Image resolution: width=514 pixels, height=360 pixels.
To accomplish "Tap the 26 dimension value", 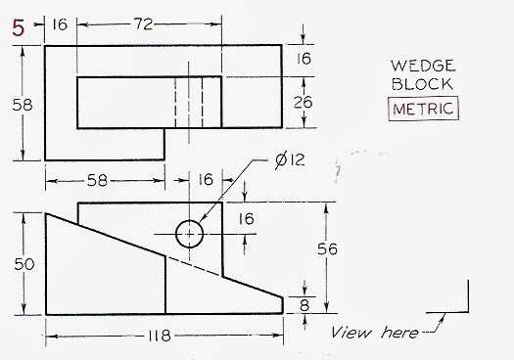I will pyautogui.click(x=304, y=101).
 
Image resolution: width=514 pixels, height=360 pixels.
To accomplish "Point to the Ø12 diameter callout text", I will pyautogui.click(x=290, y=158).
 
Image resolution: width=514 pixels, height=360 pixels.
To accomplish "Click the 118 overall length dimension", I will pyautogui.click(x=157, y=337).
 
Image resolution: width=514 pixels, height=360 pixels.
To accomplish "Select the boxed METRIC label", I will pyautogui.click(x=423, y=109).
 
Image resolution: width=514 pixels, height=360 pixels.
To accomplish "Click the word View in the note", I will pyautogui.click(x=350, y=330).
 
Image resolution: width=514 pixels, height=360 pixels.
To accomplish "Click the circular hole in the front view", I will pyautogui.click(x=189, y=234).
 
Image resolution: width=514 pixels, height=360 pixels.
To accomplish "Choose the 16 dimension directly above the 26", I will pyautogui.click(x=304, y=60).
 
